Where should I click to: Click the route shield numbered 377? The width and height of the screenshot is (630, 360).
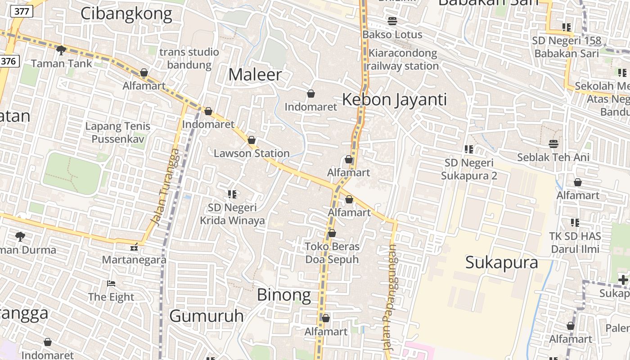pyautogui.click(x=22, y=12)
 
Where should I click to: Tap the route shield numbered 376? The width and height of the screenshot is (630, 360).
pyautogui.click(x=9, y=61)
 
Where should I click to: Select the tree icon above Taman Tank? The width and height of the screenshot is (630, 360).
pyautogui.click(x=61, y=50)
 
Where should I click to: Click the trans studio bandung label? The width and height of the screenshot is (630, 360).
pyautogui.click(x=189, y=58)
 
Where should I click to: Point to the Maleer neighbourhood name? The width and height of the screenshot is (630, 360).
pyautogui.click(x=255, y=75)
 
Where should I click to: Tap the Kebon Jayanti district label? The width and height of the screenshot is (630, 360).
pyautogui.click(x=395, y=99)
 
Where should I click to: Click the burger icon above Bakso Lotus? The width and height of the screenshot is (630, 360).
pyautogui.click(x=392, y=21)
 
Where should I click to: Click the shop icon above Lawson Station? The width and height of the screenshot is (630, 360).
pyautogui.click(x=252, y=140)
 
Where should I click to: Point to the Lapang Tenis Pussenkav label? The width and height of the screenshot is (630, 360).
pyautogui.click(x=118, y=132)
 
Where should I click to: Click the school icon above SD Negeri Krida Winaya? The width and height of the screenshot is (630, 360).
pyautogui.click(x=232, y=194)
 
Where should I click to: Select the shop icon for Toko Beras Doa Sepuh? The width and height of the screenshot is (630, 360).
pyautogui.click(x=332, y=233)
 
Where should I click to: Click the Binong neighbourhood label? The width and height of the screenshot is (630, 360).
pyautogui.click(x=283, y=295)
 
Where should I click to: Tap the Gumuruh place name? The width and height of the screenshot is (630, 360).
pyautogui.click(x=207, y=316)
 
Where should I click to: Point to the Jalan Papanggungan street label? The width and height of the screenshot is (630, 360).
pyautogui.click(x=389, y=297)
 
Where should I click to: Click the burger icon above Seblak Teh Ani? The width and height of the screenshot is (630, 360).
pyautogui.click(x=553, y=144)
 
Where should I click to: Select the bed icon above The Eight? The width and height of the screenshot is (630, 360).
pyautogui.click(x=111, y=283)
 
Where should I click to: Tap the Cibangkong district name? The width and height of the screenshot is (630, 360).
pyautogui.click(x=126, y=14)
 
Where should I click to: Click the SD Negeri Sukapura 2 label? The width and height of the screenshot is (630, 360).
pyautogui.click(x=469, y=169)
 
